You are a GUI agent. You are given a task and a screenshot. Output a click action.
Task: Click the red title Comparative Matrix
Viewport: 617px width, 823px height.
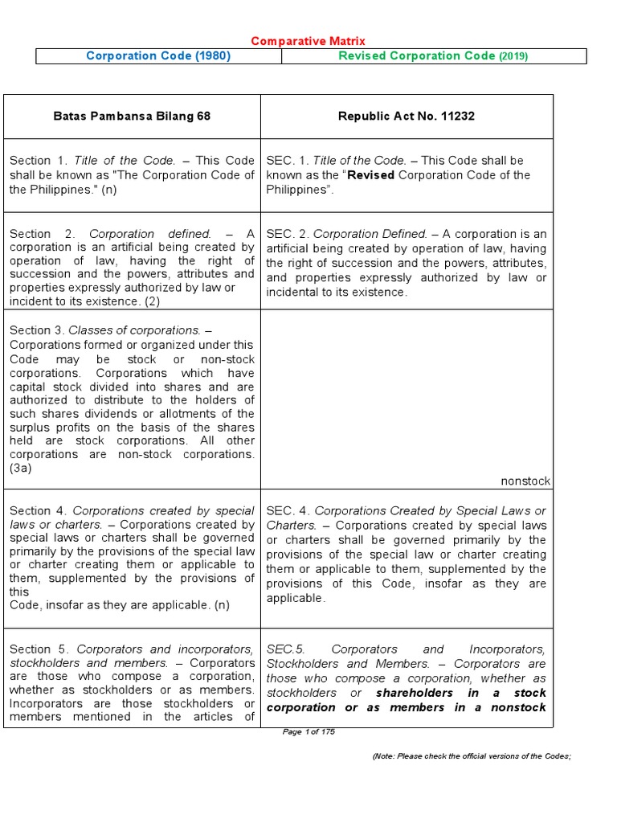point(308,41)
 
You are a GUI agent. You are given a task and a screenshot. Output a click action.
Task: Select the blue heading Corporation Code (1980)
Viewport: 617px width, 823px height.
point(158,56)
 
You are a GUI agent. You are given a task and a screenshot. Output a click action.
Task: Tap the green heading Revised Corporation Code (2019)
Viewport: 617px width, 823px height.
point(433,56)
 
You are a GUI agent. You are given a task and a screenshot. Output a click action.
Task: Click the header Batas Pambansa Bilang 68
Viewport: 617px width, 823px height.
point(132,117)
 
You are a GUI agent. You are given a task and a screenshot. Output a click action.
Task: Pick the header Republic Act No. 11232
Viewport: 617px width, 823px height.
point(407,117)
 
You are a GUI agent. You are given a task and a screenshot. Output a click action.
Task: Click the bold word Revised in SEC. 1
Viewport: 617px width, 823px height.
point(370,175)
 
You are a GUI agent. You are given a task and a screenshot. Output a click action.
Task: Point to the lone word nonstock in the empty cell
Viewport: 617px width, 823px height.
point(525,481)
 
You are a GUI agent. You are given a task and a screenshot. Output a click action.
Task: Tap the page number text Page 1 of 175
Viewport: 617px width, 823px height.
point(308,731)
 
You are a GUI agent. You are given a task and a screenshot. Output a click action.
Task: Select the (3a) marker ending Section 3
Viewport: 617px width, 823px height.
point(20,469)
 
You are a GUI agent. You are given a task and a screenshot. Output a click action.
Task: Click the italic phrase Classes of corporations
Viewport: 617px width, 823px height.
point(135,330)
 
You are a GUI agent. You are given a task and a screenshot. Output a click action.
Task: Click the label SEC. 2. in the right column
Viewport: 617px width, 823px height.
point(288,234)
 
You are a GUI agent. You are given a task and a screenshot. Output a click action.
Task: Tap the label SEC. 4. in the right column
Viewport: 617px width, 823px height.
point(288,511)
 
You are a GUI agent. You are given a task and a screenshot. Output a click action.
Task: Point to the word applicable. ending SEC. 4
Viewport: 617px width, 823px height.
point(296,598)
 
